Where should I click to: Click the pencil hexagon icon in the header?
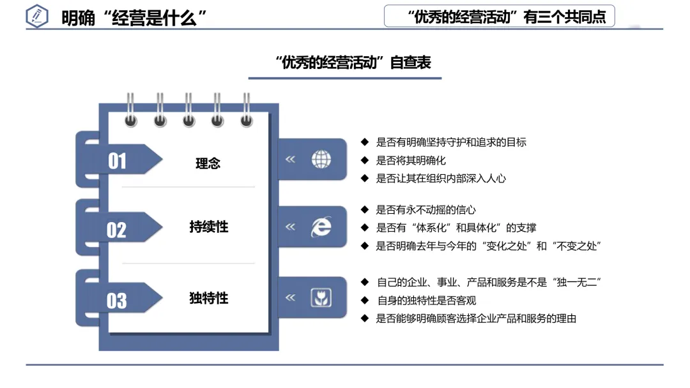pos(37,17)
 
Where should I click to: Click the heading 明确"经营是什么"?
pos(135,18)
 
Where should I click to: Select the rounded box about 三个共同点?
pos(499,17)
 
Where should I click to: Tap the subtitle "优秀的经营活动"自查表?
pos(353,63)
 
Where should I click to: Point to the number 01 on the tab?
pos(117,161)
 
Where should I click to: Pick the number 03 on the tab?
pos(117,301)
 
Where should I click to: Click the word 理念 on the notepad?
pos(208,163)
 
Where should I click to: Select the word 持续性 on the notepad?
pos(208,227)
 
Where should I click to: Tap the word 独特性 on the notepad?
pos(208,298)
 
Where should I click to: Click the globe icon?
pos(321,160)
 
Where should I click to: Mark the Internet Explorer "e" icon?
pos(321,227)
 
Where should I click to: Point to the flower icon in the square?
pos(321,297)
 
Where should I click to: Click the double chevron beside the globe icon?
pos(290,160)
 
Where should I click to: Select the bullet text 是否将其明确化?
pos(411,160)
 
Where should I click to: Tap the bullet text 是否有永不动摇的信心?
pos(425,209)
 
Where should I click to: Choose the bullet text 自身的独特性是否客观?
pos(426,300)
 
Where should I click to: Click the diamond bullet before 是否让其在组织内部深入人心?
pos(365,178)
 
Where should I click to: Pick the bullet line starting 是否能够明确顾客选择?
pos(476,318)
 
